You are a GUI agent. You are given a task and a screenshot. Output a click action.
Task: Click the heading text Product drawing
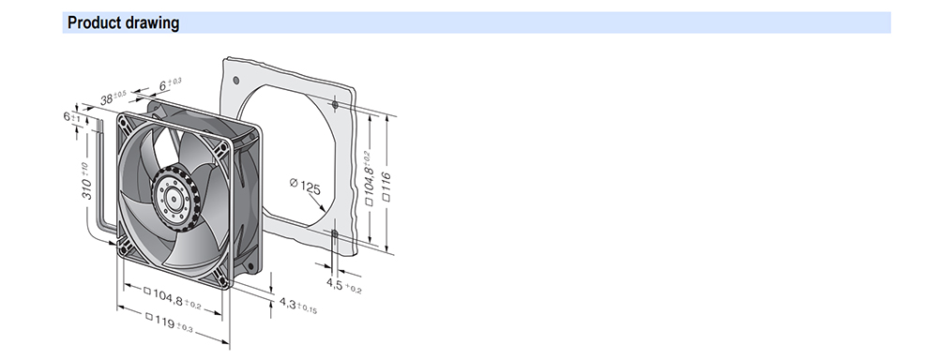(123, 22)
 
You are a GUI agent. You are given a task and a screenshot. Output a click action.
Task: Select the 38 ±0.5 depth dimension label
(113, 97)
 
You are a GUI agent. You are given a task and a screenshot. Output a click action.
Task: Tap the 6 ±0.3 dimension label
(171, 83)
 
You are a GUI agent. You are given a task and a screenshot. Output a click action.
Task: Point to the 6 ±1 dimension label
(71, 116)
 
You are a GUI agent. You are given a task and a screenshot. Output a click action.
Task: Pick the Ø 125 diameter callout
(305, 186)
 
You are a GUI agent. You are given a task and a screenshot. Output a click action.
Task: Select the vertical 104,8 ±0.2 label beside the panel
(369, 178)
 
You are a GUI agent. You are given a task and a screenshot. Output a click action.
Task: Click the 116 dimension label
(386, 186)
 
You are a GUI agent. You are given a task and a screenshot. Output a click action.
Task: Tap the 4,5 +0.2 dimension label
(344, 285)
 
